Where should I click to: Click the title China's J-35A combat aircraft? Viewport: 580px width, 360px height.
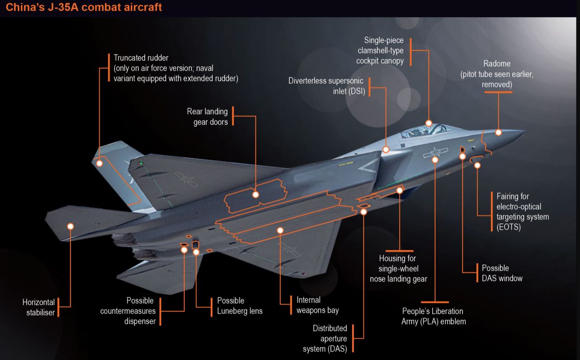(84, 8)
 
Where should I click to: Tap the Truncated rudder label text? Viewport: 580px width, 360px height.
(176, 68)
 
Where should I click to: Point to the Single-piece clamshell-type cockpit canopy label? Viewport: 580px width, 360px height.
(380, 50)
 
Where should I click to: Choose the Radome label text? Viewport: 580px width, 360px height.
(497, 74)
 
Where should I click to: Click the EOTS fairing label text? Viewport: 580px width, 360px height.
(522, 211)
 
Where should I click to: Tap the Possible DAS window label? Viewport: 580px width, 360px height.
(502, 273)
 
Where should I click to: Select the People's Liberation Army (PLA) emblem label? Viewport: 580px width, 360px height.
(434, 316)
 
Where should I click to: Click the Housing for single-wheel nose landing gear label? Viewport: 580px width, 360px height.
(398, 268)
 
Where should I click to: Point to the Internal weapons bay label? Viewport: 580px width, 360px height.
(318, 305)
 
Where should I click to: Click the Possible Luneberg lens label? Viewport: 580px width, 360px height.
(240, 306)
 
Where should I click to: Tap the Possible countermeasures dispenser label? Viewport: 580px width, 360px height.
(128, 311)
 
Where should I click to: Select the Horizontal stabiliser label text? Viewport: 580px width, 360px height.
(39, 307)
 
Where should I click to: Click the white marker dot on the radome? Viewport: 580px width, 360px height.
(498, 132)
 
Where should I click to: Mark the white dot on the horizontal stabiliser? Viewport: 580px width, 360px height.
(70, 226)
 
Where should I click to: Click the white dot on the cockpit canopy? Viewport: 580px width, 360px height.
(429, 123)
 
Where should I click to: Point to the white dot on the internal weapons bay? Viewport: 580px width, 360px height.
(280, 230)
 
